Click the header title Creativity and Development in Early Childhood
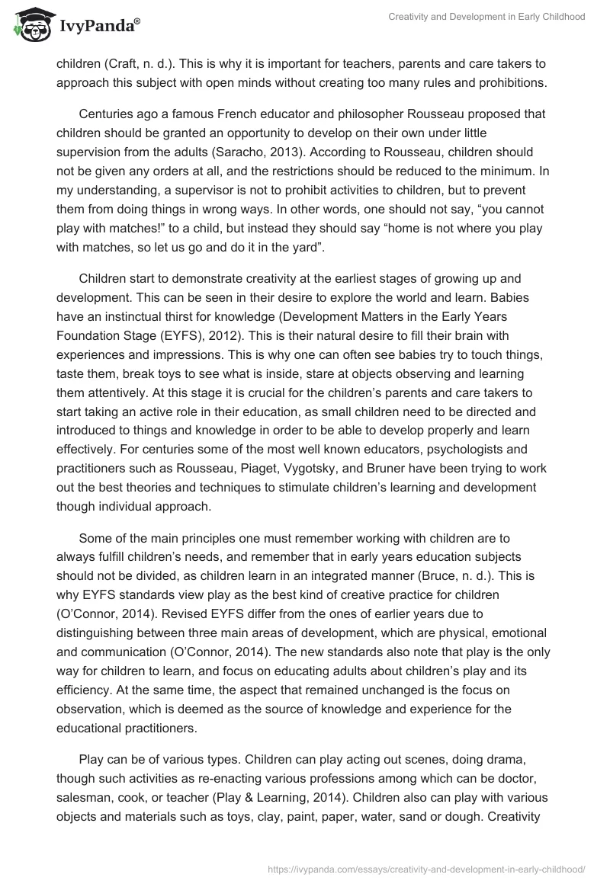tap(486, 17)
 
